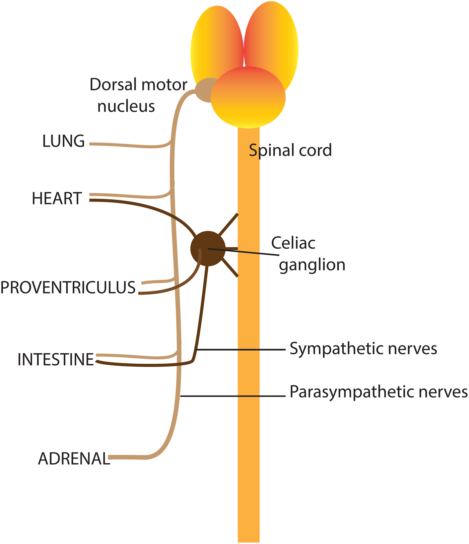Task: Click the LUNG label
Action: [x=63, y=141]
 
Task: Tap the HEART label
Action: [x=57, y=198]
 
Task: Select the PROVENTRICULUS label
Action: [x=68, y=288]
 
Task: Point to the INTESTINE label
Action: [x=56, y=360]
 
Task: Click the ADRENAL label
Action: [x=74, y=459]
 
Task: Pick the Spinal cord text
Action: [x=290, y=150]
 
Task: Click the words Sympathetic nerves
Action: [x=363, y=349]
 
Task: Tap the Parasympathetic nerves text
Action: [x=379, y=391]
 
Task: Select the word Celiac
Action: [x=293, y=243]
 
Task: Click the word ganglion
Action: [x=312, y=265]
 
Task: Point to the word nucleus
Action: [x=126, y=106]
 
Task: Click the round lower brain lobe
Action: [x=248, y=101]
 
